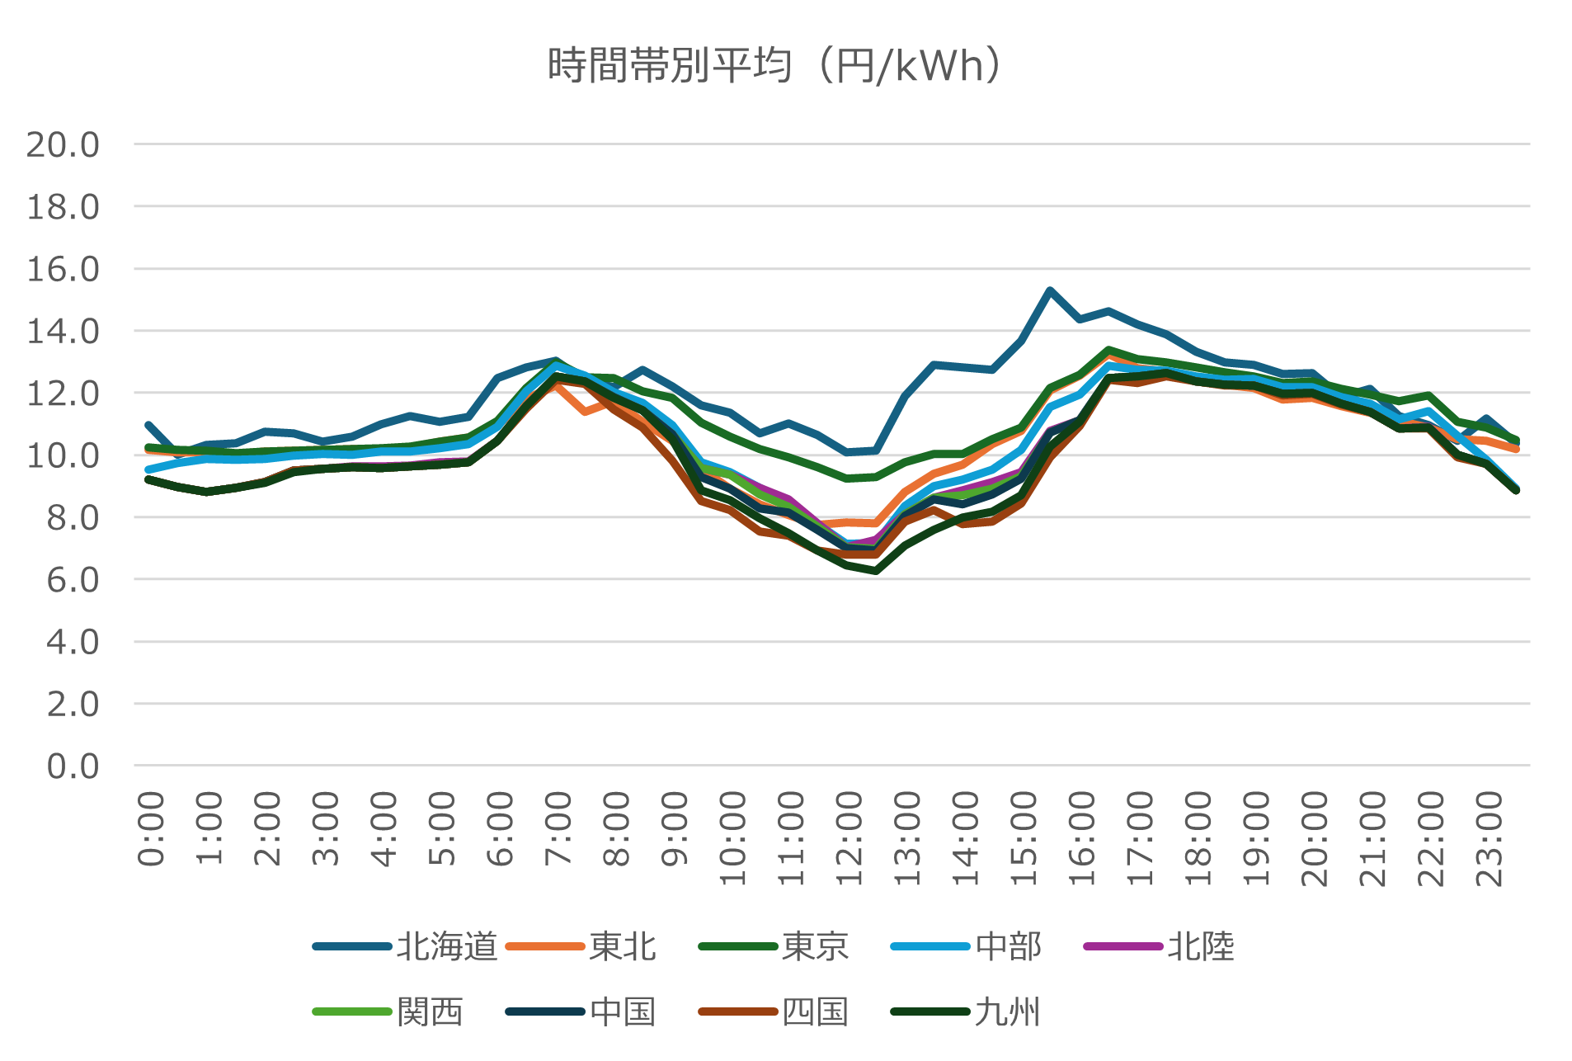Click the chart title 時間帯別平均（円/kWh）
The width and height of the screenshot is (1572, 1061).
point(775,66)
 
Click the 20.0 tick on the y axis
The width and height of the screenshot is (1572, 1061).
point(63,145)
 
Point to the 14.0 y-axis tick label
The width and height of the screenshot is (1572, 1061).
point(63,332)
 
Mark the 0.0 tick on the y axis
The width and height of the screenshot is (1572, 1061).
point(73,766)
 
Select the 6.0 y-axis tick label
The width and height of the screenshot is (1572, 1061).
point(73,580)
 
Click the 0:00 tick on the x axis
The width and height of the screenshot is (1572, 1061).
point(151,828)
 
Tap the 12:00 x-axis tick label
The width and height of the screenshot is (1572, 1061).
point(850,838)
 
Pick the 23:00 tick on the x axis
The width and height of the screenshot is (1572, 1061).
point(1490,838)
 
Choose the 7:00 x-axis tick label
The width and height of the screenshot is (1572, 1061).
point(558,828)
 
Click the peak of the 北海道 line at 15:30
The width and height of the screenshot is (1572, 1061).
point(1050,290)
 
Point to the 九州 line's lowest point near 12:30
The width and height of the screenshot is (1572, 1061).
point(875,571)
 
